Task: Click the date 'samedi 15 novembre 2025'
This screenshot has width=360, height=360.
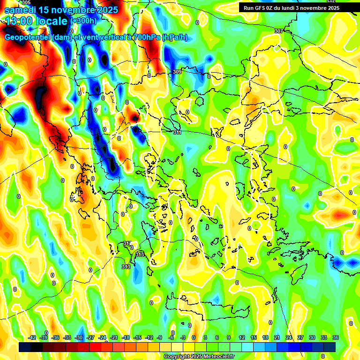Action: (x=61, y=9)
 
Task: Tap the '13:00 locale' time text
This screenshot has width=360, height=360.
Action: (x=36, y=21)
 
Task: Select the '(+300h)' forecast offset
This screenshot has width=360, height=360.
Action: (x=84, y=21)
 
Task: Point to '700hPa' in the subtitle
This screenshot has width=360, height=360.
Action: (x=146, y=37)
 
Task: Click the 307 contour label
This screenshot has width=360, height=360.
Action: (x=278, y=31)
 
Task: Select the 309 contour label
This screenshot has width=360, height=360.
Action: (x=177, y=72)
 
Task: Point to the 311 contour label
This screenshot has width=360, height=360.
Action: (x=177, y=133)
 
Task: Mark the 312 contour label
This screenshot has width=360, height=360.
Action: (x=127, y=244)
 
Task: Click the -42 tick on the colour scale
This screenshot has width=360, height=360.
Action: (x=32, y=337)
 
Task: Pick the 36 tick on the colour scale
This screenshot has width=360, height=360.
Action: (x=335, y=337)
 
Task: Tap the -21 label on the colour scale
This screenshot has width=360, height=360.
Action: (x=114, y=337)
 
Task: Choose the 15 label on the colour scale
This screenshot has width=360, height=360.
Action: (x=254, y=337)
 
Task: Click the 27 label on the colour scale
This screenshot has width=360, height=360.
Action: (x=300, y=337)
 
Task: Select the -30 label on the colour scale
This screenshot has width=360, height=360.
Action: (x=79, y=337)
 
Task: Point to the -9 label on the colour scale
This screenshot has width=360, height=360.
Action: (x=160, y=337)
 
